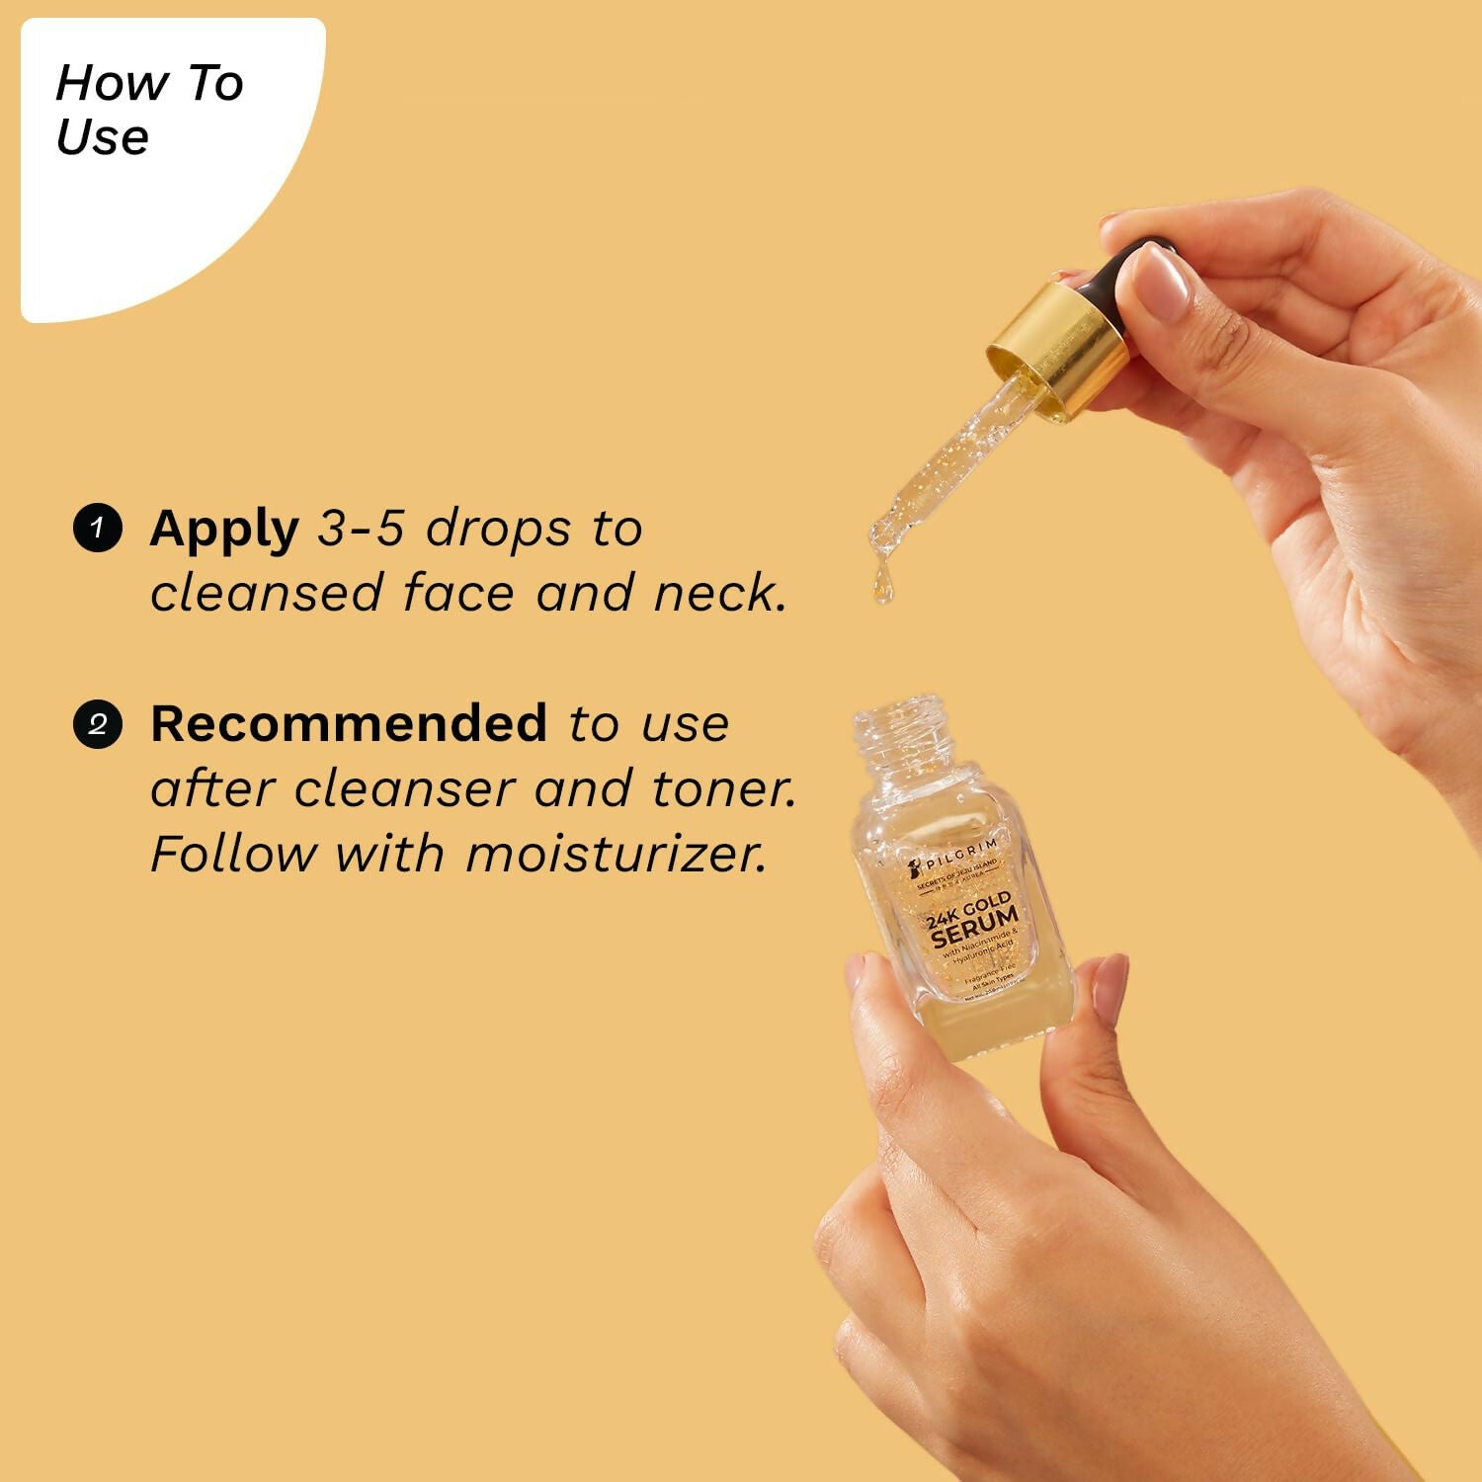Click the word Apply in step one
[224, 530]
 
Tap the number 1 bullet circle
[97, 528]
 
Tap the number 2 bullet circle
[97, 724]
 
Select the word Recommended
[348, 723]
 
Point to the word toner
[723, 788]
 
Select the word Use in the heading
[103, 136]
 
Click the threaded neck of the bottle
[899, 736]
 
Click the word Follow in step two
[232, 854]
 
